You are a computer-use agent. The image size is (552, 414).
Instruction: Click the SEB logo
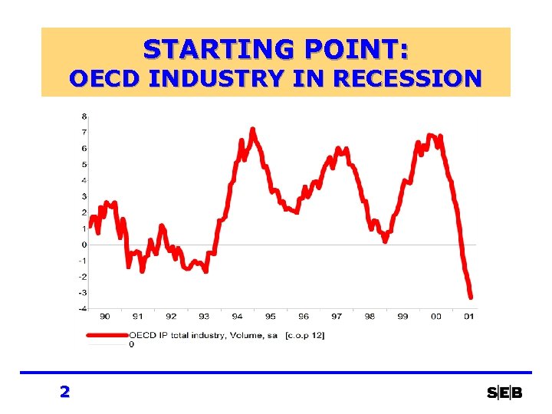pos(504,393)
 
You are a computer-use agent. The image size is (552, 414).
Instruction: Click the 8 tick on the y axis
pos(84,117)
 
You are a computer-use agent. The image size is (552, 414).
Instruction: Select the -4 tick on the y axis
pos(82,309)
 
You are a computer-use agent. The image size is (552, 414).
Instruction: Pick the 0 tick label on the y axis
pos(84,245)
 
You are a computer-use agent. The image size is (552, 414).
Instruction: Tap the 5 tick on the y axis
pos(84,165)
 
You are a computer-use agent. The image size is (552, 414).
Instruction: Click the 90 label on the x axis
pos(104,316)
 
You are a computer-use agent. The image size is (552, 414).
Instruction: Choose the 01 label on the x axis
pos(468,316)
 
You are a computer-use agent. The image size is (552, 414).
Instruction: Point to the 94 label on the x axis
pos(237,316)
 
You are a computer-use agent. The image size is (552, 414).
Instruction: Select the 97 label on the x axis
pos(337,316)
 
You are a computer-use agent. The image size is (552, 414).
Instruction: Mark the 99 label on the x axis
pos(402,316)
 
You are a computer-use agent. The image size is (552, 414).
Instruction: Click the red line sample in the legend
pos(107,335)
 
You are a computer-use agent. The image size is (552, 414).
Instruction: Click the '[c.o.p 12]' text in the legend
pos(304,335)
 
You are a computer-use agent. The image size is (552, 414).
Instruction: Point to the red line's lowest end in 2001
pos(471,297)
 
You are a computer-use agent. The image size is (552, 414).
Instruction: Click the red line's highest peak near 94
pos(252,129)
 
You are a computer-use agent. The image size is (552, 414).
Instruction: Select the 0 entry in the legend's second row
pos(131,344)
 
